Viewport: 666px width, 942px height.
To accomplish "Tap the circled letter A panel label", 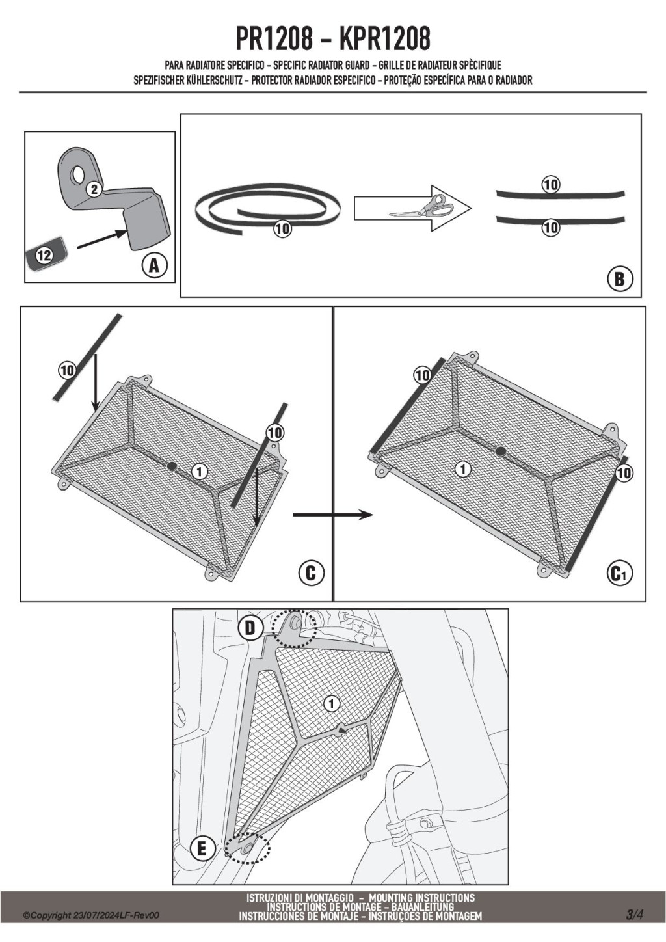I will click(154, 265).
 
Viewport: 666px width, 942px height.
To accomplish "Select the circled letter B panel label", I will click(620, 279).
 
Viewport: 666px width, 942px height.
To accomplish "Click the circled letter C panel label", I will click(310, 572).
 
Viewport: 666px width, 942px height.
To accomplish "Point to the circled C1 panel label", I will click(619, 573).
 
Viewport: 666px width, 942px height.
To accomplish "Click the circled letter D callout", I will click(250, 628).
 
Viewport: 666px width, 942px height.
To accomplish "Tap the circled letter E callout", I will click(202, 848).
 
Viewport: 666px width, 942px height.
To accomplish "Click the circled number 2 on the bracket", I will click(94, 189).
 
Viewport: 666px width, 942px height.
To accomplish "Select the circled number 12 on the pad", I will click(44, 255).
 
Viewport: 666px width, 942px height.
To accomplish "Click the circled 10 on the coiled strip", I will click(282, 229).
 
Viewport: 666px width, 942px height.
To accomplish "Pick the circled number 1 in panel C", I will click(200, 472).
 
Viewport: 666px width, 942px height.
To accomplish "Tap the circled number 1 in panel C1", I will click(462, 468).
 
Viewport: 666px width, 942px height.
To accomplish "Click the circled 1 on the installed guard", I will click(331, 703).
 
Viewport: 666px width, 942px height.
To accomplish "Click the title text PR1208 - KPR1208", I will click(332, 39).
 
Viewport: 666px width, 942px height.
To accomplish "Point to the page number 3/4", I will click(634, 915).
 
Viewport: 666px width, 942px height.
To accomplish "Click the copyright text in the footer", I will click(91, 915).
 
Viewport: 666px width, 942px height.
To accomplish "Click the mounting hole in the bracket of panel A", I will click(78, 174).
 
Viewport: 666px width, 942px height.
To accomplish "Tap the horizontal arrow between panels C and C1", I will click(332, 515).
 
